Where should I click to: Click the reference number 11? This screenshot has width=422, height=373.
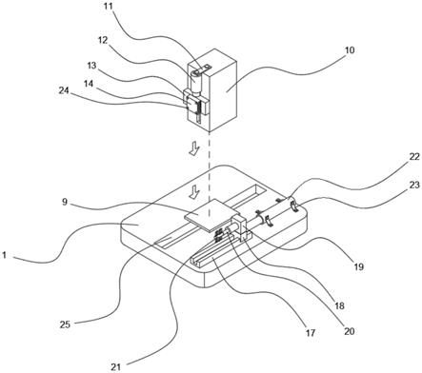108,7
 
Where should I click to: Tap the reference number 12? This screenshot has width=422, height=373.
103,40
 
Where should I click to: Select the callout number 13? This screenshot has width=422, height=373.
91,66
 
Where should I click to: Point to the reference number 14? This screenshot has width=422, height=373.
89,84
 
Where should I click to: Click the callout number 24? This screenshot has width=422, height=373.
64,90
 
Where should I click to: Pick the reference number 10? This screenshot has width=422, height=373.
349,50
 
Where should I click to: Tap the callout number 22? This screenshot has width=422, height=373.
413,156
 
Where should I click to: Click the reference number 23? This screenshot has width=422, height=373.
413,185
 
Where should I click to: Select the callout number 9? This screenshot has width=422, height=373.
65,202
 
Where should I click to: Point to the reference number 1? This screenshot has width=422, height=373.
4,255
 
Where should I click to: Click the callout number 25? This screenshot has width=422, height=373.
65,324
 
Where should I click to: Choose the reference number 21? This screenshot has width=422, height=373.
116,367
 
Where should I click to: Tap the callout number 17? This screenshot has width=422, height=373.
311,333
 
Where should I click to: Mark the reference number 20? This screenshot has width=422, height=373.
349,331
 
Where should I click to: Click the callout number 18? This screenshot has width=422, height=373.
339,305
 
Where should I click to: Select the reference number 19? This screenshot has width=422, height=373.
358,266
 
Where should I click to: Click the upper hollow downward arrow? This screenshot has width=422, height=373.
194,148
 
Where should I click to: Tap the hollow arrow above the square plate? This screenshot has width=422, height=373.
194,192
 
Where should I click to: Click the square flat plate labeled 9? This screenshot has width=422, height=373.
211,214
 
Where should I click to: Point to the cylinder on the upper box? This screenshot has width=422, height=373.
197,82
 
